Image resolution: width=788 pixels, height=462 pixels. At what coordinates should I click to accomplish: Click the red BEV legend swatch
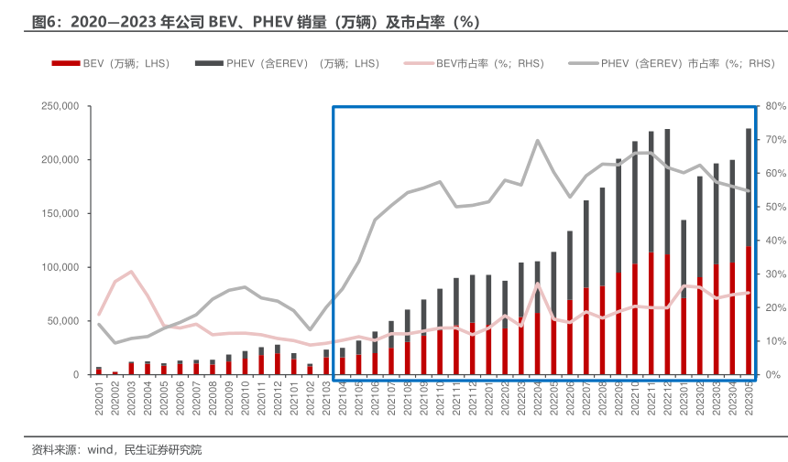tap(66, 63)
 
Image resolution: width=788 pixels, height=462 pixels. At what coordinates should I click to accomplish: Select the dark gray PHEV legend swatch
tap(209, 63)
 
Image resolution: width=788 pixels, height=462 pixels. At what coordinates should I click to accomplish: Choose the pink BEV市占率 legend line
tap(418, 63)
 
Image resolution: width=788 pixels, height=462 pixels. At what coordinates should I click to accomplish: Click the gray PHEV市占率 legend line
tap(583, 63)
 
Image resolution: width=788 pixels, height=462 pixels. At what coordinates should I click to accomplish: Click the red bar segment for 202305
tap(749, 311)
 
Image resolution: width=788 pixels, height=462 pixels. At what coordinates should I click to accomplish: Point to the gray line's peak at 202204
tap(537, 141)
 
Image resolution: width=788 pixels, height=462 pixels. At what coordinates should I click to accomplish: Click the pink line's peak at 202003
tap(131, 272)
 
